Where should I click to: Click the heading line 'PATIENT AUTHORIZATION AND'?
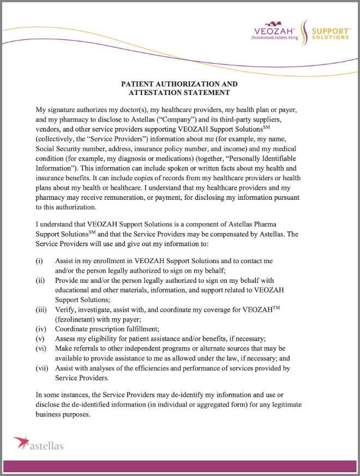tap(179, 84)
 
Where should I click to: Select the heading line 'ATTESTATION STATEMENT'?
tap(179, 94)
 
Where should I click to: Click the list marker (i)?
tap(39, 261)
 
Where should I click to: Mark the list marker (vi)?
tap(41, 348)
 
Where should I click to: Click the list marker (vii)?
tap(42, 368)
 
